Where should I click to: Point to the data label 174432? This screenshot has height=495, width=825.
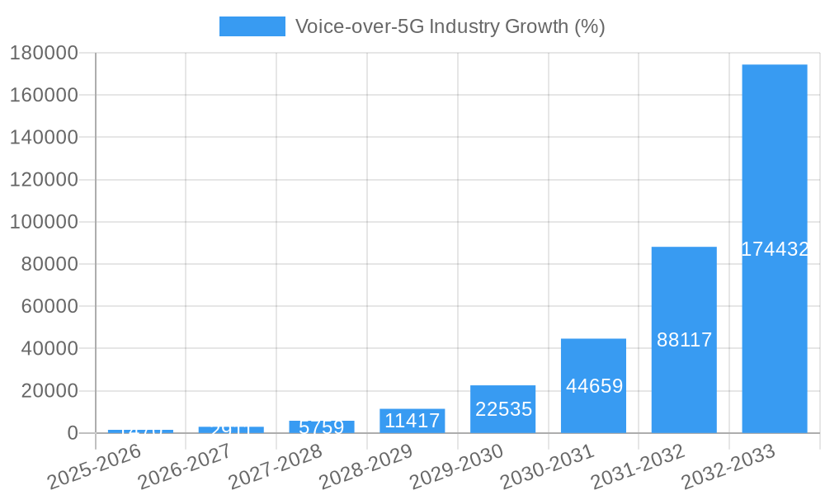(774, 249)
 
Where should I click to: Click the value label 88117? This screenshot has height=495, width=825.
(684, 340)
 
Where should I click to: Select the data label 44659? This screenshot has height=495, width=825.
(593, 386)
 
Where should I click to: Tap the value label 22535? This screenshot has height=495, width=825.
(503, 409)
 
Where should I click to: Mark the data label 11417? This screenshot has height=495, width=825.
(412, 421)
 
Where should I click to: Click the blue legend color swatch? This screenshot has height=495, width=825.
(252, 26)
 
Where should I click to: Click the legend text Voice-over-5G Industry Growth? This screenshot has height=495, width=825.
(450, 26)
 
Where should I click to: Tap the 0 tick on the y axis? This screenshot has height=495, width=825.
(73, 433)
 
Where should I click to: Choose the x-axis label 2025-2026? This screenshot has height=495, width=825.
(95, 467)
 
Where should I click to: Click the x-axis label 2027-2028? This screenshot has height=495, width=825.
(276, 467)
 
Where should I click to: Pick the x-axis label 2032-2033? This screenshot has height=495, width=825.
(729, 467)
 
